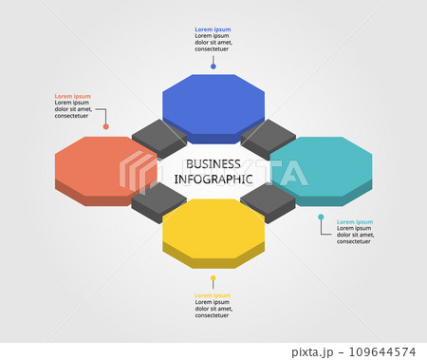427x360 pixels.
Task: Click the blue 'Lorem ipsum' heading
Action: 213,29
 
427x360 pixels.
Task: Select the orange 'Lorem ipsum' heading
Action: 73,96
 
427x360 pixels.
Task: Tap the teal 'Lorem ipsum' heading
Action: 355,221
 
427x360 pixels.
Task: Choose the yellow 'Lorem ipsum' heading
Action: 213,295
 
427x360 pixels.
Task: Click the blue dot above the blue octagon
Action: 213,66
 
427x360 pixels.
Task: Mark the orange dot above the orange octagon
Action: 105,125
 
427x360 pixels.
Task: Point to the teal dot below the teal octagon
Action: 322,218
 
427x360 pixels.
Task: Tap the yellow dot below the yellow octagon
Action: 213,278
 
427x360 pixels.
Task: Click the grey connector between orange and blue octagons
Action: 158,138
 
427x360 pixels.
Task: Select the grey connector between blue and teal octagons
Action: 269,138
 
